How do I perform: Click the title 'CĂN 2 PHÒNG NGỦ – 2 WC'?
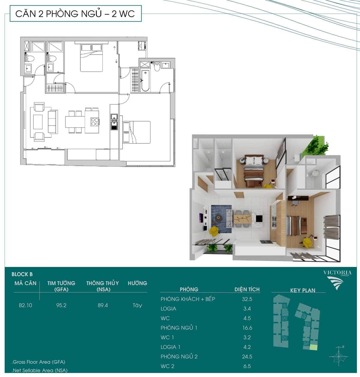(75, 14)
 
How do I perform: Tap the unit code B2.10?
(25, 305)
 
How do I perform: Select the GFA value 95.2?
(61, 305)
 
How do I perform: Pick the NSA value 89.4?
(103, 305)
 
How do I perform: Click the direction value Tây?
(137, 305)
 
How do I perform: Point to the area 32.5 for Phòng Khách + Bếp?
(247, 299)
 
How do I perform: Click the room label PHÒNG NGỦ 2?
(179, 357)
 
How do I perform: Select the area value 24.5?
(247, 357)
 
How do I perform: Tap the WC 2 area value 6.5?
(247, 366)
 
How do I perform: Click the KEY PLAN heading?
(303, 290)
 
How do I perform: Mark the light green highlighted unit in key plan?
(314, 347)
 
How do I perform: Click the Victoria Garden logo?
(337, 280)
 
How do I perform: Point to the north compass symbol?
(339, 357)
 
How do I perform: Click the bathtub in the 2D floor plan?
(145, 81)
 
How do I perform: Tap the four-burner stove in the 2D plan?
(95, 122)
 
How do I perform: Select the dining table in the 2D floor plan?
(75, 122)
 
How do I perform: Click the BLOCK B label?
(22, 274)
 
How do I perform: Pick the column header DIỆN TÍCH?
(247, 289)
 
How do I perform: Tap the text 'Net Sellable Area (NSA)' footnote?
(40, 370)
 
